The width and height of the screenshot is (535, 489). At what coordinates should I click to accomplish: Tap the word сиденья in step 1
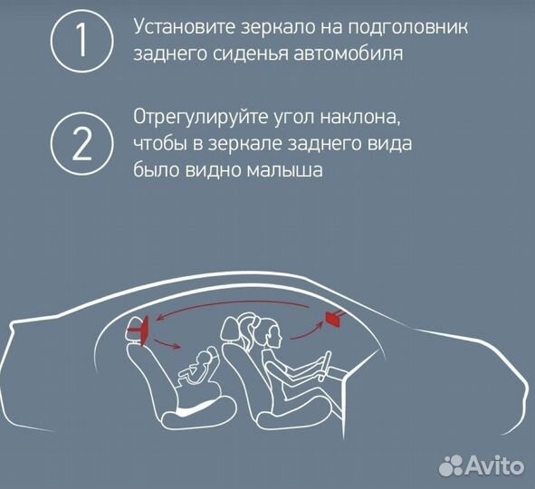250,53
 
